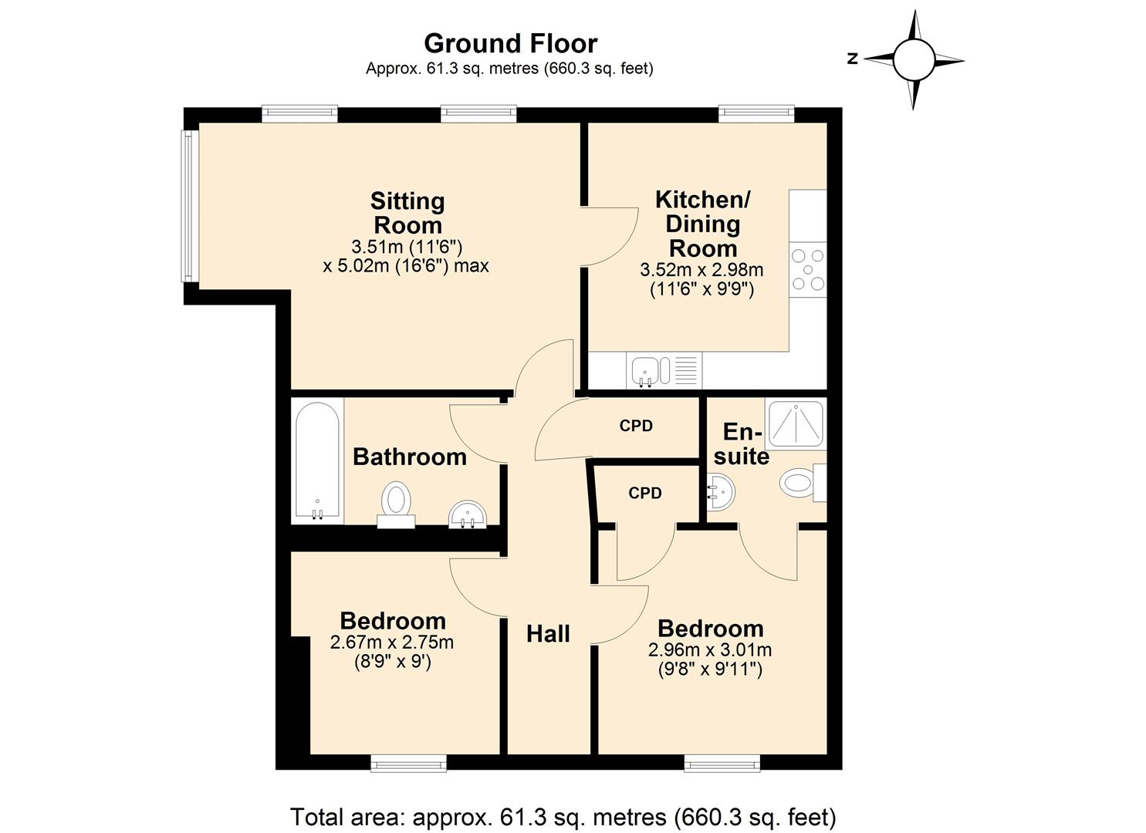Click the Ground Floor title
click(510, 43)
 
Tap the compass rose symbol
click(914, 59)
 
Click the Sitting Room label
click(407, 214)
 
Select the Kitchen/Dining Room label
click(702, 224)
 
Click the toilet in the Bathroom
click(397, 501)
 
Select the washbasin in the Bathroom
click(468, 514)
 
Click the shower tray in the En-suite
click(795, 425)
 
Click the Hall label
click(548, 634)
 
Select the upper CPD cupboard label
click(636, 426)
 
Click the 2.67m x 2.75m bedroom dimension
click(392, 642)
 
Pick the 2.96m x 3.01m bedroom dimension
click(710, 650)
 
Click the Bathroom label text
click(409, 457)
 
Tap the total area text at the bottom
click(563, 816)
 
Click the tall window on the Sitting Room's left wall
click(187, 206)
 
